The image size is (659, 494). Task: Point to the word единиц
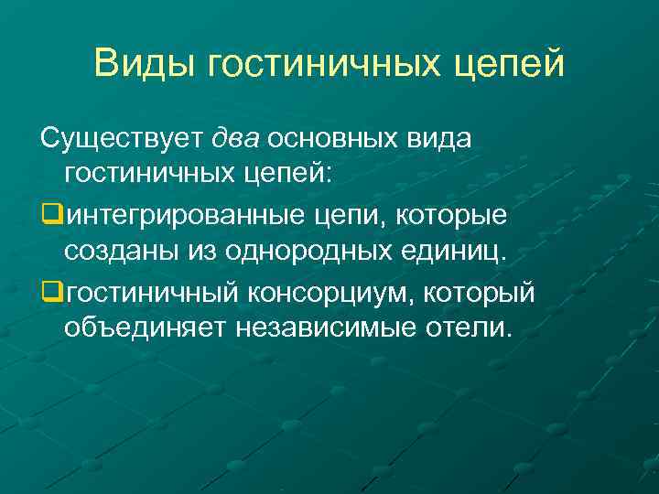pos(456,251)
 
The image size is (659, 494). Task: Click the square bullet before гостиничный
pos(51,294)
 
